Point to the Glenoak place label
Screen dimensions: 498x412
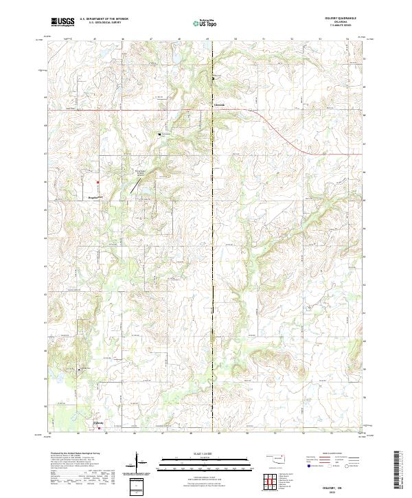coord(219,105)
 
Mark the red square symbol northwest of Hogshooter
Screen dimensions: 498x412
coord(98,182)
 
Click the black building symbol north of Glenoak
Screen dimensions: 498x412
coord(213,78)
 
